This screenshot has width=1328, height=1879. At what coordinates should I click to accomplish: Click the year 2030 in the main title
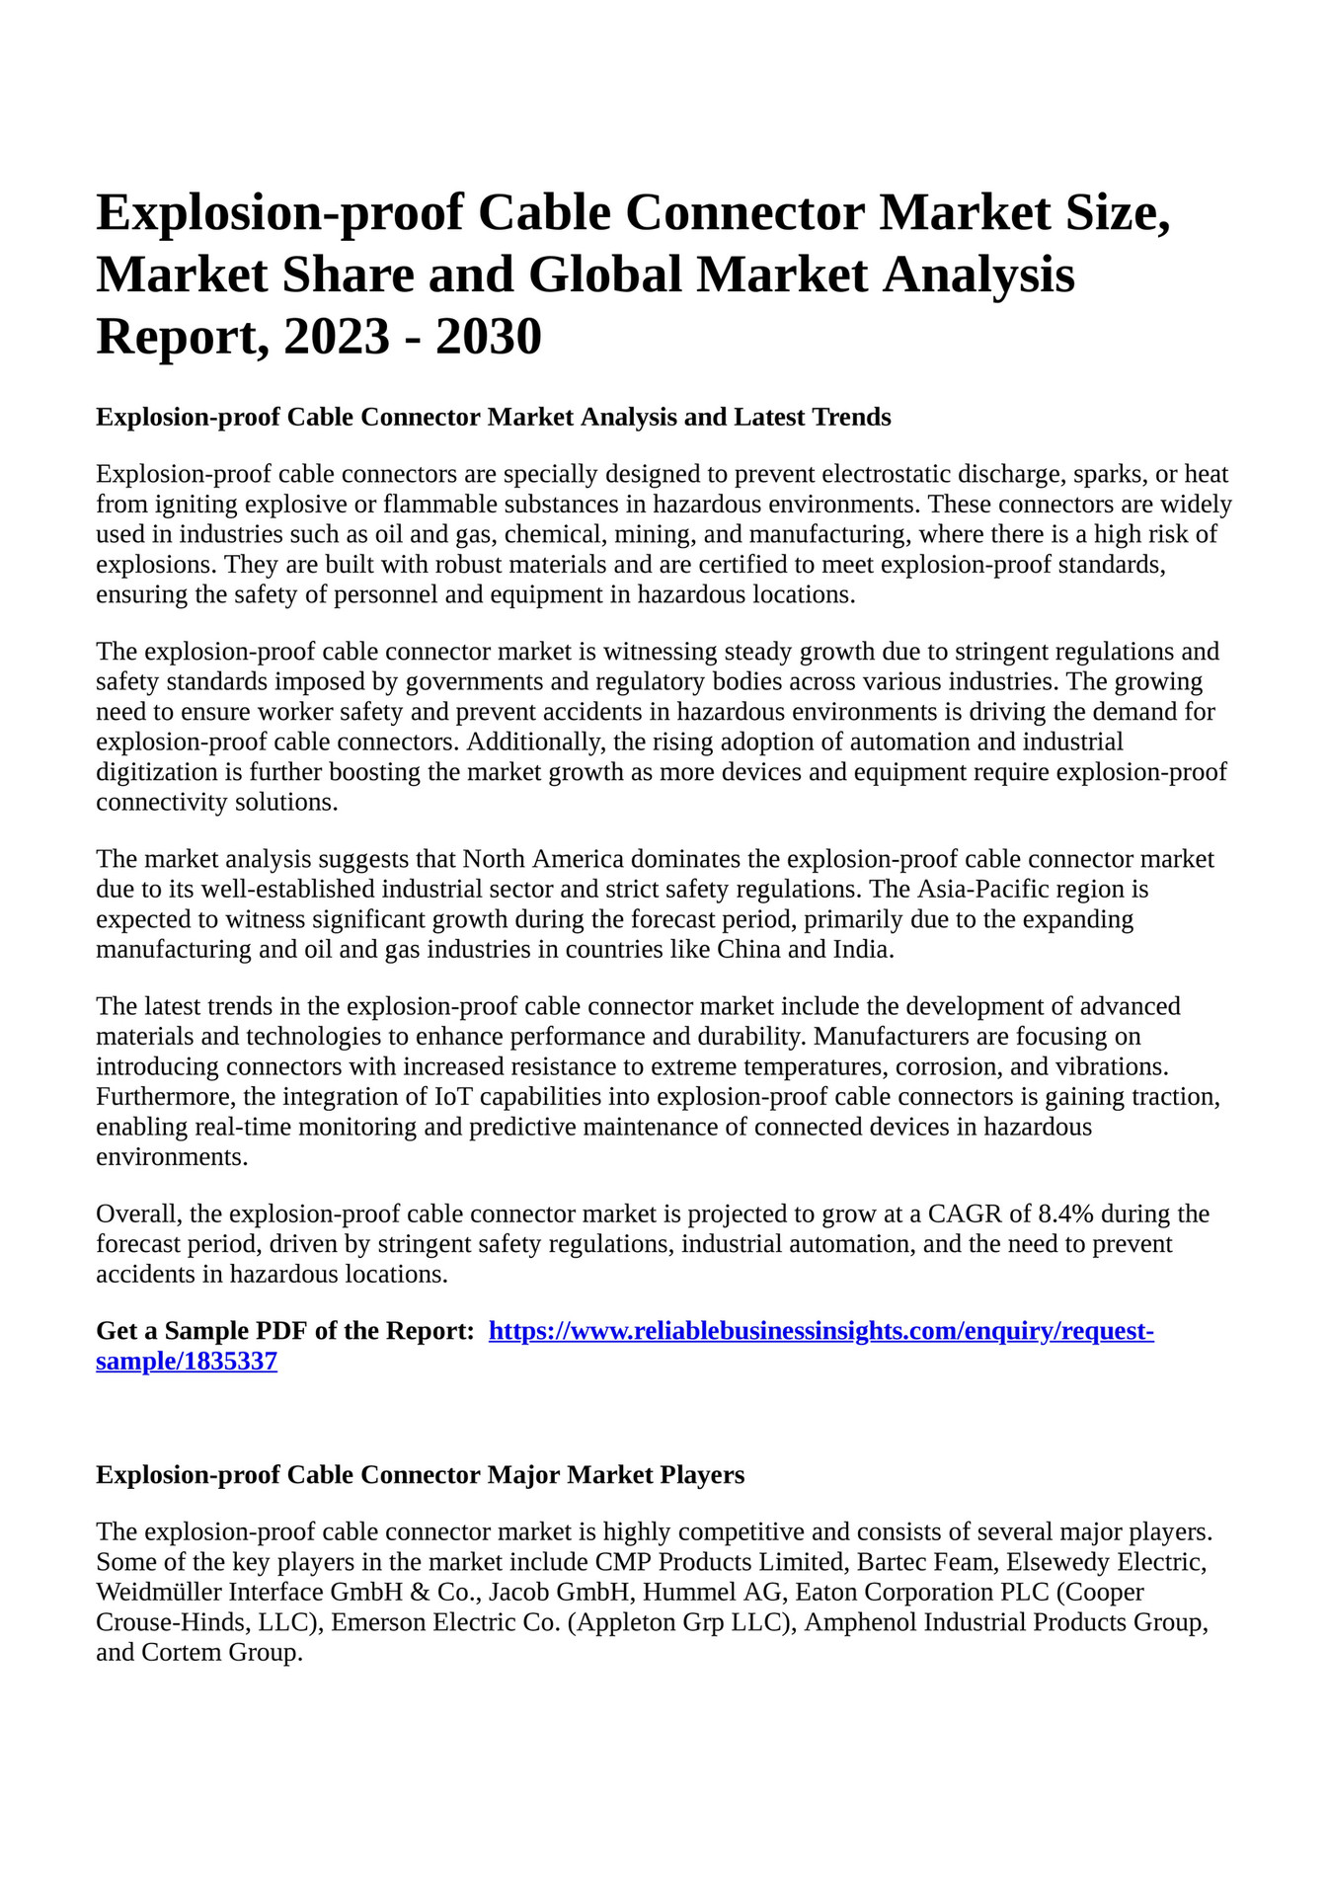(488, 337)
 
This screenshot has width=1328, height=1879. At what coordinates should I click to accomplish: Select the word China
(750, 950)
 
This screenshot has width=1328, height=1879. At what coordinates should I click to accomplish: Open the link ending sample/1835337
(187, 1363)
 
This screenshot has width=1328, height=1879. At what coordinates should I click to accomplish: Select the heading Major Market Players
(616, 1475)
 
